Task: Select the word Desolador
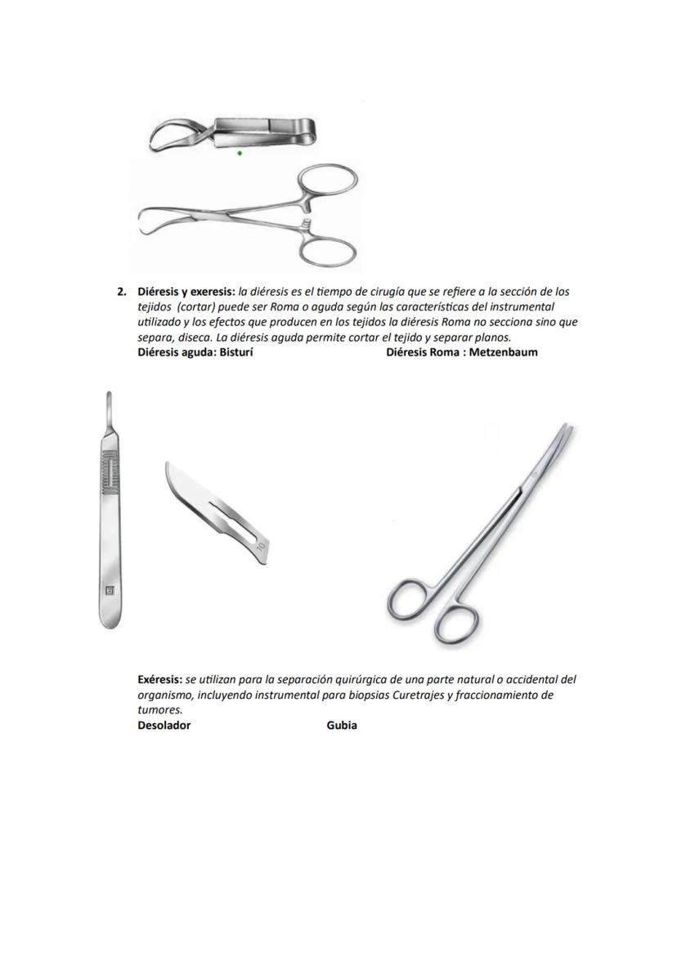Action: [164, 725]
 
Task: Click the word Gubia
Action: [342, 725]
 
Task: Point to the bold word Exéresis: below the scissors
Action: [160, 679]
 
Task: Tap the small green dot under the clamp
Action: [240, 153]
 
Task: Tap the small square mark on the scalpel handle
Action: [110, 589]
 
